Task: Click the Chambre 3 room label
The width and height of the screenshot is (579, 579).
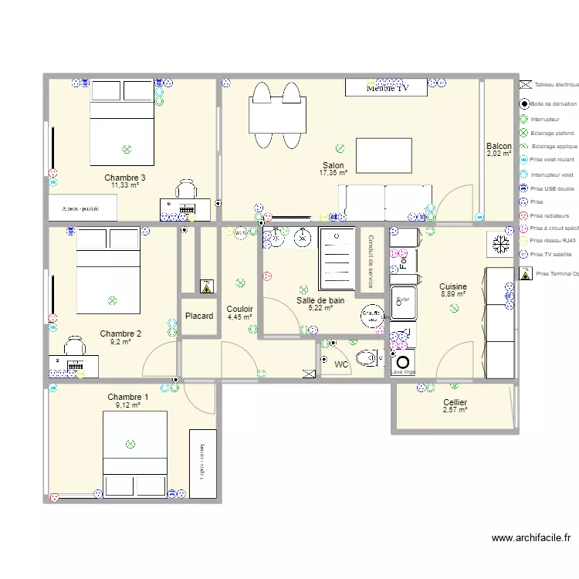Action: pos(125,178)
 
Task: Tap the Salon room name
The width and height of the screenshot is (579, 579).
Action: pos(334,165)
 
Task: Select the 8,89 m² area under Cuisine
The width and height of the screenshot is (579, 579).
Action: pos(453,294)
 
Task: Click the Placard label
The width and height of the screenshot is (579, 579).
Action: pos(199,317)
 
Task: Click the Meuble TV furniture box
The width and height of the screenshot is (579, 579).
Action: pos(386,88)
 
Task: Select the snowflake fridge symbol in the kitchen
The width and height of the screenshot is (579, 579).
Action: pos(499,245)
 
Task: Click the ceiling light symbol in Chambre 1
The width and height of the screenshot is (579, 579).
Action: pos(130,444)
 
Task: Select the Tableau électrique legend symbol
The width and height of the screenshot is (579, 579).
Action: pos(525,84)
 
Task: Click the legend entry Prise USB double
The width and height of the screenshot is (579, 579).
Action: pos(552,188)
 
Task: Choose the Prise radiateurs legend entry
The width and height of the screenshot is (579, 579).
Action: pos(550,215)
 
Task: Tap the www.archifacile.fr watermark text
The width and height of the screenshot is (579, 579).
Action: pos(530,538)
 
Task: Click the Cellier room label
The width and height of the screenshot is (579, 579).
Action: pos(455,402)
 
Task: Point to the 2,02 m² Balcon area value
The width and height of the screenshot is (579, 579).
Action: pos(499,154)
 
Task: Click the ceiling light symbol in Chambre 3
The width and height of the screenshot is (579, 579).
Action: pos(127,149)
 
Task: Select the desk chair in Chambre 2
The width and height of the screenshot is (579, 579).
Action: pos(73,344)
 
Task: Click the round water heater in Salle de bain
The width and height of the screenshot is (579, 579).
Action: pos(372,314)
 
